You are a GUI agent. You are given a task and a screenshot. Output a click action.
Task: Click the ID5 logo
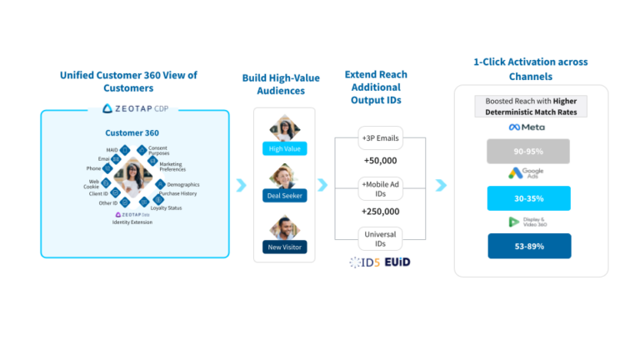pyautogui.click(x=365, y=262)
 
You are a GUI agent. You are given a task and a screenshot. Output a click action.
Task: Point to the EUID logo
pyautogui.click(x=397, y=262)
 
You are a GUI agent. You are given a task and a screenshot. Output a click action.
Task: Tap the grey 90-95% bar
pyautogui.click(x=529, y=151)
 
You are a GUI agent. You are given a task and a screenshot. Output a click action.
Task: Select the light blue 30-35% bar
pyautogui.click(x=529, y=198)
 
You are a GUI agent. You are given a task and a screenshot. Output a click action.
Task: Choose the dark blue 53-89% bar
pyautogui.click(x=529, y=246)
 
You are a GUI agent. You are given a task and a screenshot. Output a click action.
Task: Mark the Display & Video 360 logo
pyautogui.click(x=528, y=222)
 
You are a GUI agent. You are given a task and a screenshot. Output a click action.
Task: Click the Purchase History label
pyautogui.click(x=178, y=193)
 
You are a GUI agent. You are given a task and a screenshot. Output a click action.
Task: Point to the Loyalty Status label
pyautogui.click(x=166, y=207)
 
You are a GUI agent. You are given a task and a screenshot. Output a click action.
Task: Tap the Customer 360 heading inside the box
pyautogui.click(x=132, y=132)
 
